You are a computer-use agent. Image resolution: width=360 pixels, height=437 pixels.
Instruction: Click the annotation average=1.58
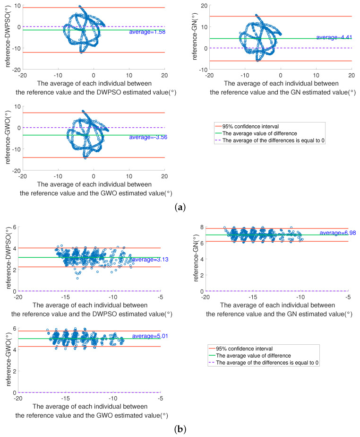coord(146,32)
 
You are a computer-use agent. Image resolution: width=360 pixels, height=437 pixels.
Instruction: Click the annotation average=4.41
coord(334,37)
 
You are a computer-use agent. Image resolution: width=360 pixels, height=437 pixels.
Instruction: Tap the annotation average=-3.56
coord(146,137)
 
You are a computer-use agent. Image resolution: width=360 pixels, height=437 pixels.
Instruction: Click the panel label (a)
coord(180,207)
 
